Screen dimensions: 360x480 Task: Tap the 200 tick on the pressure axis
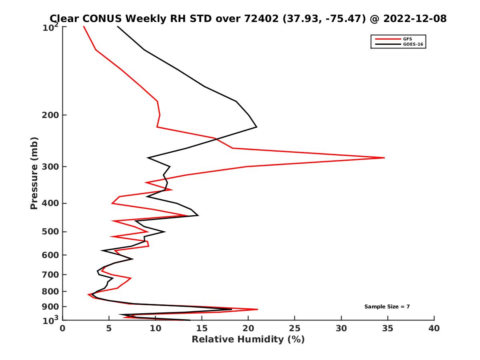[x=51, y=115]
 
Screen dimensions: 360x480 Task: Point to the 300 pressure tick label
[x=51, y=167]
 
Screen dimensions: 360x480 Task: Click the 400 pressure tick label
[x=51, y=203]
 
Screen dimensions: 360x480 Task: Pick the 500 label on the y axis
[x=51, y=232]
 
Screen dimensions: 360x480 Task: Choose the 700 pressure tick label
[x=51, y=274]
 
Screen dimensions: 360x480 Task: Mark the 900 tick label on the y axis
[x=51, y=307]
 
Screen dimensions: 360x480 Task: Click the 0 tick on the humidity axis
[x=63, y=328]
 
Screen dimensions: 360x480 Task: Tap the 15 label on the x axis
[x=202, y=328]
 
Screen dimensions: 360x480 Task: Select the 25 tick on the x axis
[x=295, y=328]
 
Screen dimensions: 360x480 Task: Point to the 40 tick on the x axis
[x=434, y=328]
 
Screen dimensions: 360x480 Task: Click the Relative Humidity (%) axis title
[x=248, y=340]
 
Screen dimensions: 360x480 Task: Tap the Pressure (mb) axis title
[x=34, y=173]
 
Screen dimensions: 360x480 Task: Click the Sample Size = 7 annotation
[x=387, y=307]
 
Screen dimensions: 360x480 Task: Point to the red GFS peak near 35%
[x=384, y=158]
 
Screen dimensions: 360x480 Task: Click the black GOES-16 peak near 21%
[x=256, y=127]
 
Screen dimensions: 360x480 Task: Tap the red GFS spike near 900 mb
[x=258, y=309]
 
